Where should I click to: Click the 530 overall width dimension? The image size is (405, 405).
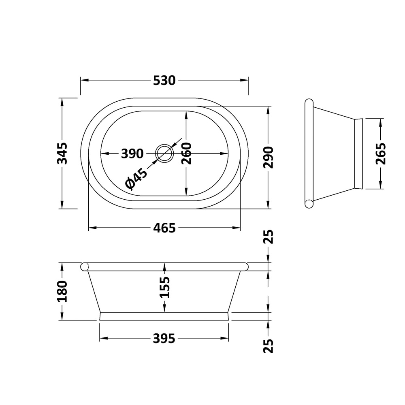pos(164,81)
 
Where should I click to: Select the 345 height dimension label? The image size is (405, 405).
pos(62,153)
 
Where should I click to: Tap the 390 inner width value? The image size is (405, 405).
pos(132,154)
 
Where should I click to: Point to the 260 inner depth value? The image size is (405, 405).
pos(186,153)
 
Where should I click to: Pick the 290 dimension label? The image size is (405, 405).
pos(269,158)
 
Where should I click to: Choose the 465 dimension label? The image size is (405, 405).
pos(164,228)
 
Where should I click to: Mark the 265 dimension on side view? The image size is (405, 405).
pos(380,153)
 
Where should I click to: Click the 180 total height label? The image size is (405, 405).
pos(62,291)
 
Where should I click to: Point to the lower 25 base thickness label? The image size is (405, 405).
pos(269,345)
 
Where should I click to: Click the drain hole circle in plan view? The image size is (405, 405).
pos(164,153)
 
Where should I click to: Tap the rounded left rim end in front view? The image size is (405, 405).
pos(85,266)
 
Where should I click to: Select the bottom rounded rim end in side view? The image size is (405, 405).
pos(309,204)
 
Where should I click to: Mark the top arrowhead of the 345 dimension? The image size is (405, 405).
pos(62,102)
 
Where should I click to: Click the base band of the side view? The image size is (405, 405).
pos(358,153)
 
